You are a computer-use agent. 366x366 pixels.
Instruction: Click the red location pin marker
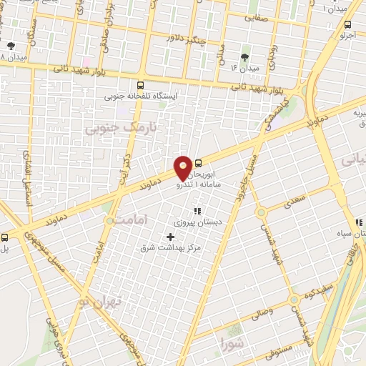click(184, 167)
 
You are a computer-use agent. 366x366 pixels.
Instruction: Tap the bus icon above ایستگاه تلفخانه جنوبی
click(139, 84)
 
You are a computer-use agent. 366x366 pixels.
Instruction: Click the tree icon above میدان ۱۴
click(245, 57)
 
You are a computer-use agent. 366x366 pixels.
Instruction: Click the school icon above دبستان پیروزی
click(197, 211)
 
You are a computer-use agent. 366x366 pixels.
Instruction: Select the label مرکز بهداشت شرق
click(172, 247)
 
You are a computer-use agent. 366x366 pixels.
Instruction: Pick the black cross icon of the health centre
click(170, 236)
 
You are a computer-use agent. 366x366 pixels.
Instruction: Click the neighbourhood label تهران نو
click(102, 302)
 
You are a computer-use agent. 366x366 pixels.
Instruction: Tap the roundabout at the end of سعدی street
click(261, 211)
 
